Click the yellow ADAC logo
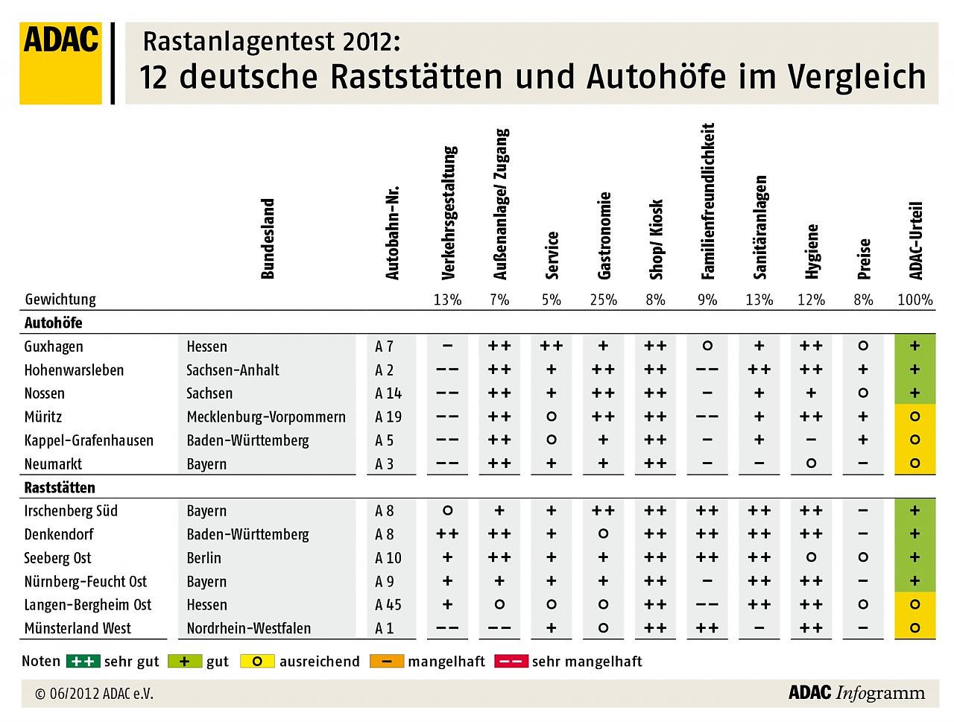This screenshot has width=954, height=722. coord(60,63)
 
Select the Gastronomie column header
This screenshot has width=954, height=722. coord(604,235)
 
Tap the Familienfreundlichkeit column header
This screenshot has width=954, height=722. coord(707,201)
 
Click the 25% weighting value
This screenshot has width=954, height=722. coord(603,300)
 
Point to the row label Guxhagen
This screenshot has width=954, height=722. coord(54,346)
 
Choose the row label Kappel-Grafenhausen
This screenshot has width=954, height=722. coord(89,440)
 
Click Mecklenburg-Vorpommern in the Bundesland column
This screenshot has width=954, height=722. coord(266,417)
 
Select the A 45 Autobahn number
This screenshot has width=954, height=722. coord(388,605)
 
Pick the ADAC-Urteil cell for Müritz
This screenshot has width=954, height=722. coord(914,417)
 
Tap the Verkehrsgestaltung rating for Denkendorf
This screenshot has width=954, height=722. coord(447,534)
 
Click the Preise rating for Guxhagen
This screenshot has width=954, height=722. coord(863,346)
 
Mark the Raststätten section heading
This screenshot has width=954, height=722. coord(60,487)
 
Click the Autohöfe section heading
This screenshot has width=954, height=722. coord(53,323)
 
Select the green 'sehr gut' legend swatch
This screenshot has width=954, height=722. coord(83,661)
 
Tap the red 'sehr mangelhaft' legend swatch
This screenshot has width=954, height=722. coord(511,661)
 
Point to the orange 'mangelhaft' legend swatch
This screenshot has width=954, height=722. coord(386,661)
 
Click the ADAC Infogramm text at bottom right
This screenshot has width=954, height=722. coord(856,693)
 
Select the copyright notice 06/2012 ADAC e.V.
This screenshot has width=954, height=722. coord(94,694)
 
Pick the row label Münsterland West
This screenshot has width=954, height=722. coord(78,628)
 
